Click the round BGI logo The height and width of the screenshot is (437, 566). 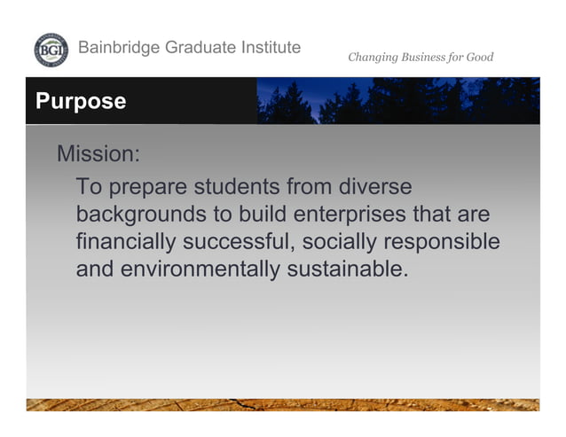point(50,50)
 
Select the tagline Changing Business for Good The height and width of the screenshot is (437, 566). point(420,58)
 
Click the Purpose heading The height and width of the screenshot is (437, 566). point(81,101)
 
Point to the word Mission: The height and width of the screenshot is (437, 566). point(98,153)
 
